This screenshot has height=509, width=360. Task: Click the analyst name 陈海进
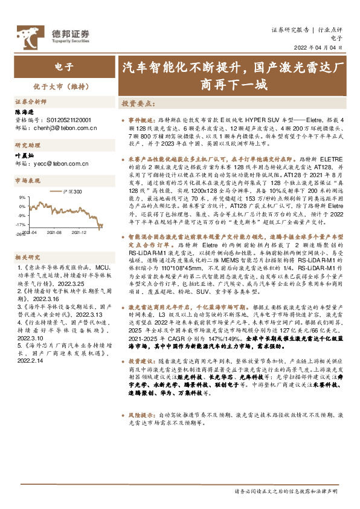[25, 112]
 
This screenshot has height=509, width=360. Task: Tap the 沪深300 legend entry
[69, 192]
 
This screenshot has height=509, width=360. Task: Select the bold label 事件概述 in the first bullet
[142, 121]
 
